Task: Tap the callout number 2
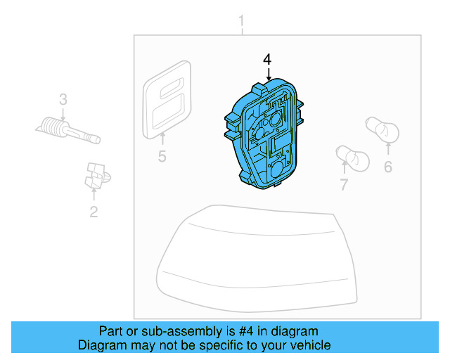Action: tap(94, 210)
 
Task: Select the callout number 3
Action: tap(63, 100)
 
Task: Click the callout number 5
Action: tap(162, 156)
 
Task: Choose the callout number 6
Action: tap(387, 167)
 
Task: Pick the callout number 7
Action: tap(344, 185)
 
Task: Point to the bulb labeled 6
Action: tap(384, 129)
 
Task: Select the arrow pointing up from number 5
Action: tap(162, 139)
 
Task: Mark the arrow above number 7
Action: tap(344, 169)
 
